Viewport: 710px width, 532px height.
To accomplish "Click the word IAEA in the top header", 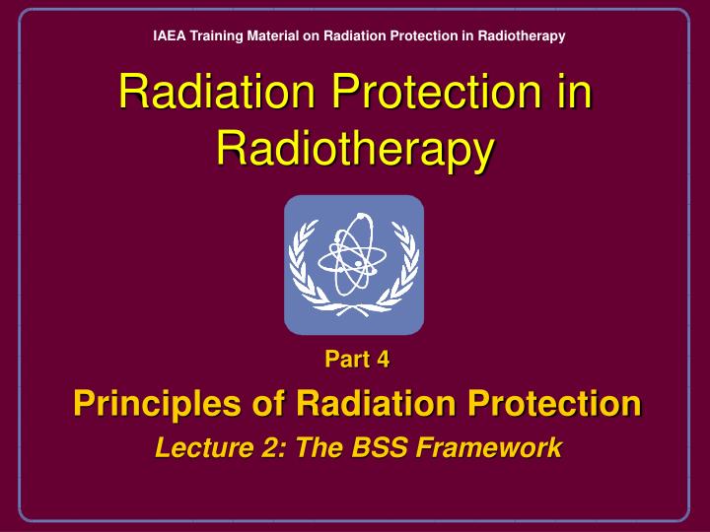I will point(168,36).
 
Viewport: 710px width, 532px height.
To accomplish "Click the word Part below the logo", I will point(344,360).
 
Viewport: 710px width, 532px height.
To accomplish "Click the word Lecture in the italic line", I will point(193,447).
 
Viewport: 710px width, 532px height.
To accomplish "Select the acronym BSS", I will point(379,447).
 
